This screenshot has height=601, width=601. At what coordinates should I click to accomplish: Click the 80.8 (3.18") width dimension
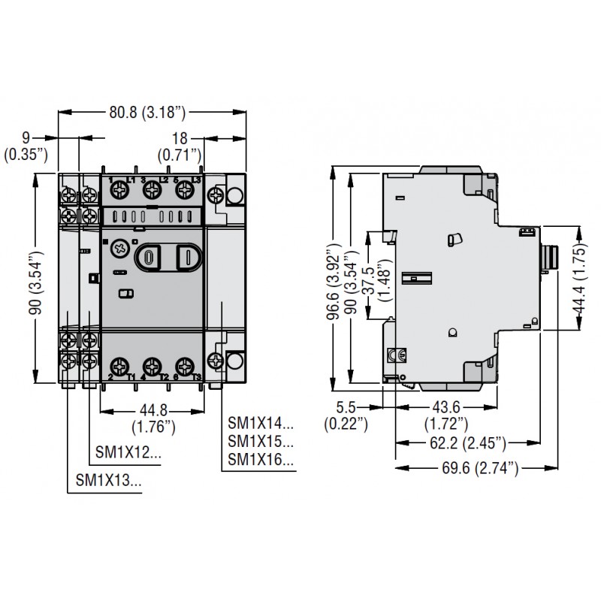tap(147, 113)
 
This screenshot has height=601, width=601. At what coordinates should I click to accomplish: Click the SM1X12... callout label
tap(128, 453)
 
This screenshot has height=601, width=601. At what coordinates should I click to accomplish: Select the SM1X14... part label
tap(260, 424)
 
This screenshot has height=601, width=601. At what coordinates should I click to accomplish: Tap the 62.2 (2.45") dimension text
tap(467, 441)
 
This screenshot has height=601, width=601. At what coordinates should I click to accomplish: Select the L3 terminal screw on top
tap(184, 192)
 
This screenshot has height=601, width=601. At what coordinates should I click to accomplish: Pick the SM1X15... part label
tap(260, 442)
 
